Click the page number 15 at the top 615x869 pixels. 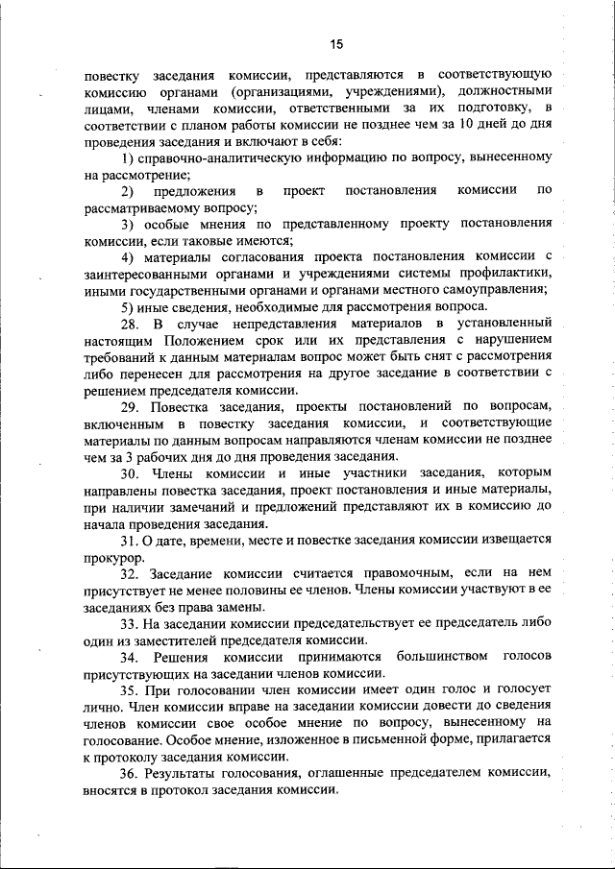tap(335, 44)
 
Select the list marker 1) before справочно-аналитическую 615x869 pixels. tap(129, 157)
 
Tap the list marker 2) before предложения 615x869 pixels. tap(129, 190)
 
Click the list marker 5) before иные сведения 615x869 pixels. tap(129, 306)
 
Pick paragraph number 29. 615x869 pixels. tap(131, 406)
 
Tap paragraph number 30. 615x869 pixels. tap(131, 473)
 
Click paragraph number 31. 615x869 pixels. tap(131, 540)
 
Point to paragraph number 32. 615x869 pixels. tap(131, 573)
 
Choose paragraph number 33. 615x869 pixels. tap(131, 623)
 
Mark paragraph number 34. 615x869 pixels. tap(131, 657)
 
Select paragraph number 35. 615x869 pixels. tap(131, 690)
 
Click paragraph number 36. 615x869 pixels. tap(131, 774)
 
